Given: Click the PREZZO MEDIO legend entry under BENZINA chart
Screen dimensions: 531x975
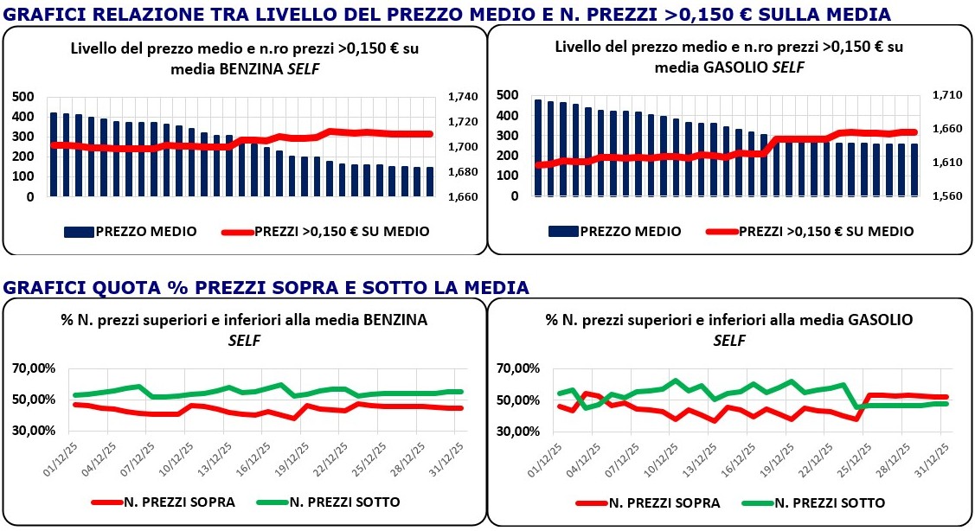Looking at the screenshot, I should pyautogui.click(x=130, y=232).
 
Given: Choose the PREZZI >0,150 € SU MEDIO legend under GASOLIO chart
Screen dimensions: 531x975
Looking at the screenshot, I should pyautogui.click(x=808, y=231).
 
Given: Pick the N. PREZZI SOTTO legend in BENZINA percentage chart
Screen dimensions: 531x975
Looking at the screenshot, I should pyautogui.click(x=330, y=502).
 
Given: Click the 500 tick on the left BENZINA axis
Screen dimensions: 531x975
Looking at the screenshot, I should pyautogui.click(x=23, y=97).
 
